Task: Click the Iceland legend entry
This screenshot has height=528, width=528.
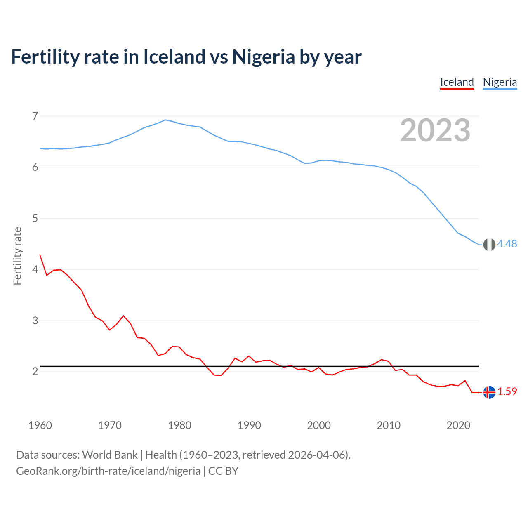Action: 457,82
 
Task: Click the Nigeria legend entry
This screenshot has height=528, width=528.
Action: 500,82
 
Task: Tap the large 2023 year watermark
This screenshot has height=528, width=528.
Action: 435,130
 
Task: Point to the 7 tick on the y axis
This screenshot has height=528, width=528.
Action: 35,116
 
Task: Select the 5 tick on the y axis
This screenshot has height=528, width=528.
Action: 35,218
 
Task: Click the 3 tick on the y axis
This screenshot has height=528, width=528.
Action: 35,321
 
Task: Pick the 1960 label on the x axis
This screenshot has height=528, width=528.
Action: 40,425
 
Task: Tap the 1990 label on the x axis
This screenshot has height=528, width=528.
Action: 249,425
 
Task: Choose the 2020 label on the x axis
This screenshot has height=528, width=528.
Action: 458,425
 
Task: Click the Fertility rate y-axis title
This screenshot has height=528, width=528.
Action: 17,256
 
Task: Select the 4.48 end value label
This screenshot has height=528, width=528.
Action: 507,244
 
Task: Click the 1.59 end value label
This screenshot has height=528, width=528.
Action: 507,392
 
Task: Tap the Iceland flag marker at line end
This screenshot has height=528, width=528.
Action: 489,392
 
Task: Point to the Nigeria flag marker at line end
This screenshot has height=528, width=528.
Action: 489,245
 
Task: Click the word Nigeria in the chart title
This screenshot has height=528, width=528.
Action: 263,57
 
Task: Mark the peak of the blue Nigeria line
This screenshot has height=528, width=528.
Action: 165,120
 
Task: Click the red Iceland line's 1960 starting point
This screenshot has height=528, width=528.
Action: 40,255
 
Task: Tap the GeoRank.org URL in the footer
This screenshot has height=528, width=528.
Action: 108,471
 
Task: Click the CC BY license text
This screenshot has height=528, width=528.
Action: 223,471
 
